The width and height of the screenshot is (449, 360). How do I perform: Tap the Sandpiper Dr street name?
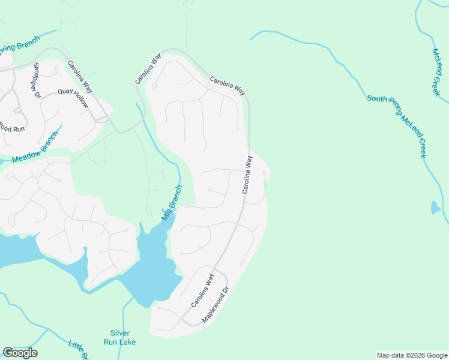point(37,80)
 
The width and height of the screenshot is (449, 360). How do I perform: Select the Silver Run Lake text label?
point(123,338)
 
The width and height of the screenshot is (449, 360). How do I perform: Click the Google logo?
point(20,353)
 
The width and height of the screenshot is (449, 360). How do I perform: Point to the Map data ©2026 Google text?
point(412,355)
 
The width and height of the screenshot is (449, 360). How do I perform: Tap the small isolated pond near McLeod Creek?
point(435,208)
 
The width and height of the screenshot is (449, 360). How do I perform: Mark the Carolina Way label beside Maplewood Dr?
point(202,291)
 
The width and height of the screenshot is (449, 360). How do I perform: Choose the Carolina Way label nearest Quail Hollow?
point(80,76)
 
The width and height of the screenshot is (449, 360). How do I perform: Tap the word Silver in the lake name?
point(120,334)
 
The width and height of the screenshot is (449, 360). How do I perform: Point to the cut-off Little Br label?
point(79,350)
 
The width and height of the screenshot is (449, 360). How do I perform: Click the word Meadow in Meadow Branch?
point(25,157)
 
